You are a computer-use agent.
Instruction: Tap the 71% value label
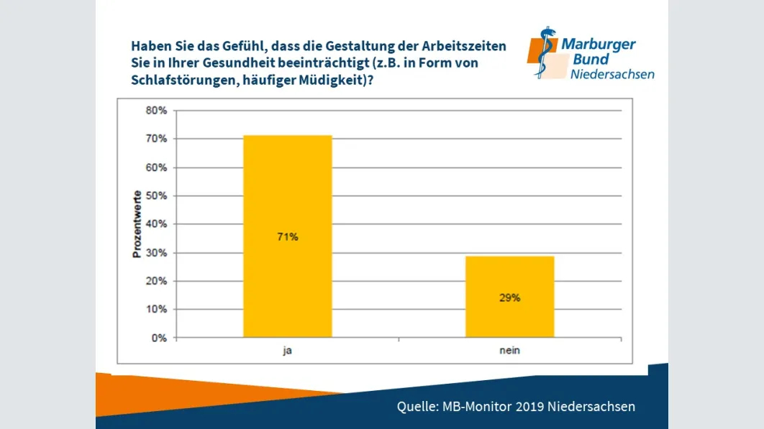[287, 236]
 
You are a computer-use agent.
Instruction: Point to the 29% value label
[509, 297]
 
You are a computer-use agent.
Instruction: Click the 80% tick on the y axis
[157, 111]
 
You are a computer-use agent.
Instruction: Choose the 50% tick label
[157, 195]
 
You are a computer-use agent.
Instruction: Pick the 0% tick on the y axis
[160, 338]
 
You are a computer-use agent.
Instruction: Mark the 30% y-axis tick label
[157, 252]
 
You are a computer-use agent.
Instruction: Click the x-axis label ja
[287, 351]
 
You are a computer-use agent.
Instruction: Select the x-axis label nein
[509, 351]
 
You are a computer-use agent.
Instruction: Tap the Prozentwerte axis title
[136, 224]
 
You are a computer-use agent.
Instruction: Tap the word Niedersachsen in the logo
[612, 75]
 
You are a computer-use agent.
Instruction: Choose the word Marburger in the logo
[599, 45]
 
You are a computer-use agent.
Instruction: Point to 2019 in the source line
[529, 407]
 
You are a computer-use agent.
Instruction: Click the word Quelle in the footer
[417, 407]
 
